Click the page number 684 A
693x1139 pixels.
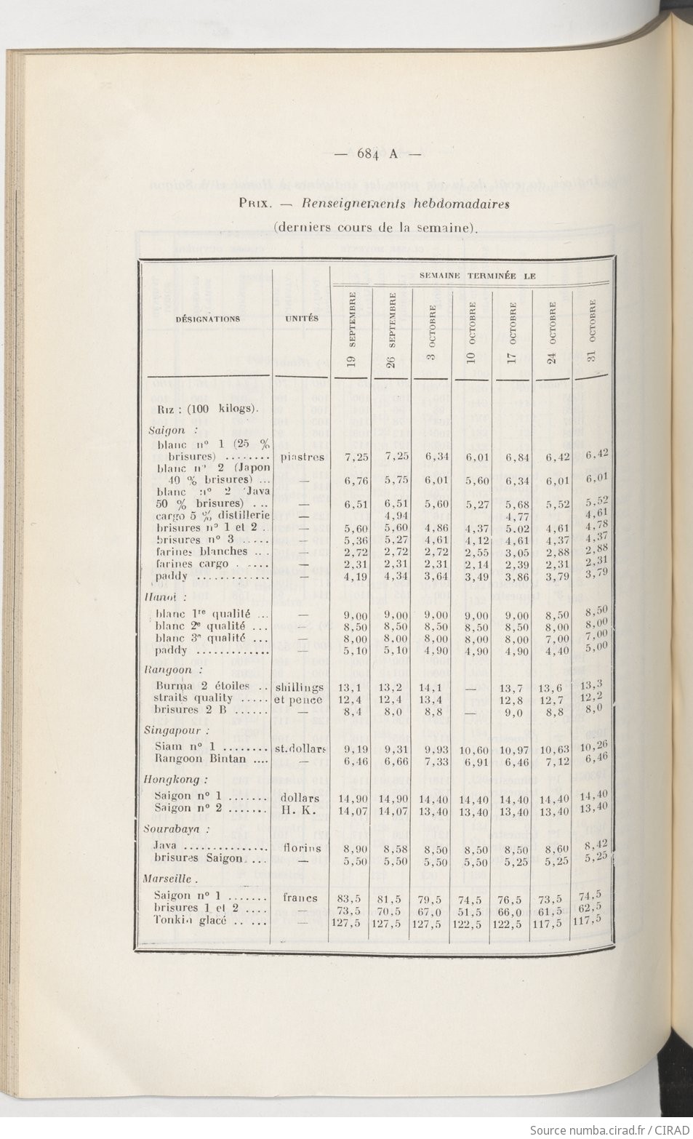[x=377, y=153]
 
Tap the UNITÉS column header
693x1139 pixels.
[x=301, y=319]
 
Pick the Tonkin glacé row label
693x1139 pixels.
[x=191, y=920]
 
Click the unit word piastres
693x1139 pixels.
[x=301, y=457]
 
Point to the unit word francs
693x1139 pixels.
[x=300, y=898]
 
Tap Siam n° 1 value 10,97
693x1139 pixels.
[x=513, y=748]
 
